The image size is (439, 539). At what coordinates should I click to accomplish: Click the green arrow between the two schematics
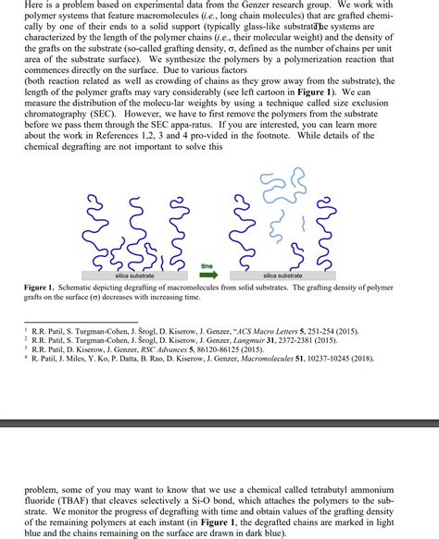tap(208, 275)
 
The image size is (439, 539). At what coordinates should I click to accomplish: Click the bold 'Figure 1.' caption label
tap(43, 288)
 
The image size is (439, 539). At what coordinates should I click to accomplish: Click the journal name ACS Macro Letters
tap(269, 329)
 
